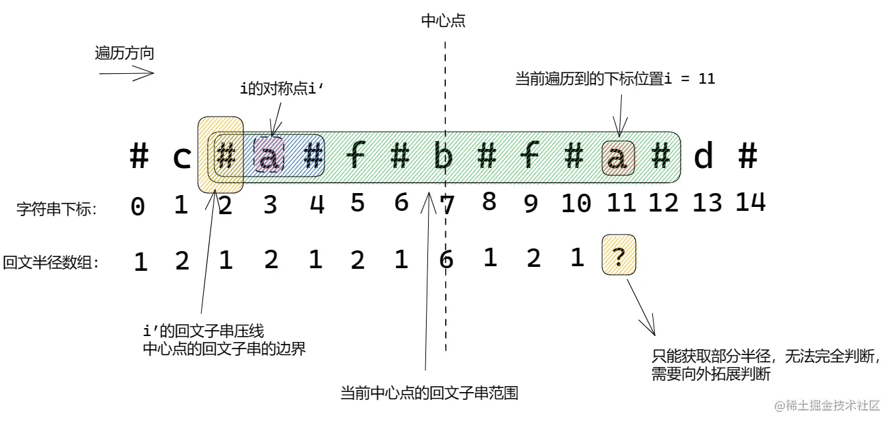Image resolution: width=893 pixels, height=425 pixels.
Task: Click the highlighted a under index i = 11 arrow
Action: (x=617, y=158)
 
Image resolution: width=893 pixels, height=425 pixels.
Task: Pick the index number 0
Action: (x=137, y=206)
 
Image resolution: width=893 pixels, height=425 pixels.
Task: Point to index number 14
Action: (x=750, y=201)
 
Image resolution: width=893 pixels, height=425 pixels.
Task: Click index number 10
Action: (x=576, y=204)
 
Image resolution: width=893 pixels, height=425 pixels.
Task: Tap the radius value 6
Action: (x=446, y=260)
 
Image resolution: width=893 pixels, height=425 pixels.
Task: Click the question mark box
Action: (x=619, y=256)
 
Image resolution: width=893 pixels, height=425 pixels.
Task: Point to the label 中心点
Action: (x=443, y=21)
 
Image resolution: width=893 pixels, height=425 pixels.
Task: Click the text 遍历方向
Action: (x=125, y=53)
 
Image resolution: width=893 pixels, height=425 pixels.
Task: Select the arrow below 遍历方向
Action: (x=126, y=74)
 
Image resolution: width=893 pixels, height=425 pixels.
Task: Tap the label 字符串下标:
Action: (x=57, y=210)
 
